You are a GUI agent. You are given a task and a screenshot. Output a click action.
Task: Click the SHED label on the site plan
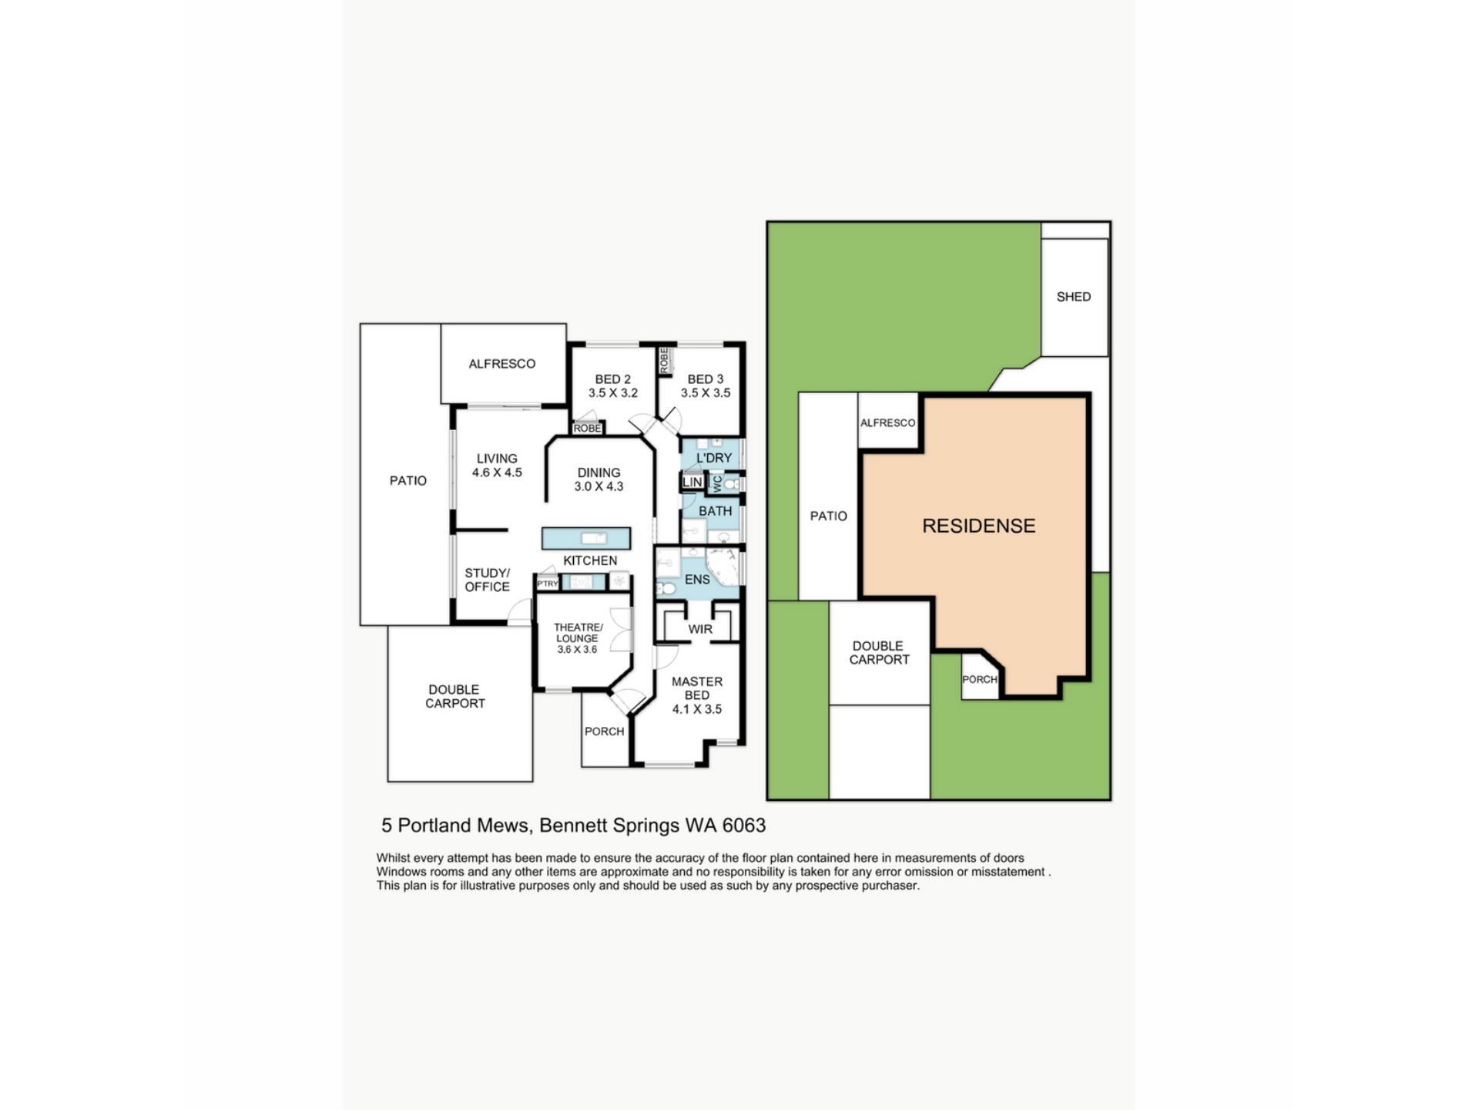[x=1073, y=297]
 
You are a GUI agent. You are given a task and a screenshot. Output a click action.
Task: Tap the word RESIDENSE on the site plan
[x=979, y=526]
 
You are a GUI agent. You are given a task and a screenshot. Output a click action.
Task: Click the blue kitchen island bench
[x=586, y=538]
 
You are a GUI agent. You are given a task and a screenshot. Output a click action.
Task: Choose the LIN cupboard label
[x=692, y=483]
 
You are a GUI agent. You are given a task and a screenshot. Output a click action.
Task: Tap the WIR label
[x=700, y=629]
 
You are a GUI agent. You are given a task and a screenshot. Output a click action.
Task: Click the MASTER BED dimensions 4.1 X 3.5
[x=697, y=709]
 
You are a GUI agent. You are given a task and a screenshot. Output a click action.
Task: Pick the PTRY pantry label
[x=547, y=584]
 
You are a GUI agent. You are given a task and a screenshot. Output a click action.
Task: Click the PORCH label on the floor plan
[x=605, y=732]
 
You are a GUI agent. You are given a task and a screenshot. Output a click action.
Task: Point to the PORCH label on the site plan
[x=980, y=680]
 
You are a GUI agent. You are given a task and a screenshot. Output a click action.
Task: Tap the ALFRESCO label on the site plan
[x=887, y=423]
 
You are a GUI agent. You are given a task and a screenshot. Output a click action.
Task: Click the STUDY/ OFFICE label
[x=487, y=580]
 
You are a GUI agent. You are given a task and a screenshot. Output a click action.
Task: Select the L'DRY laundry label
[x=714, y=458]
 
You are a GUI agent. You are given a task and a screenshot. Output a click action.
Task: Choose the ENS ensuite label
[x=697, y=580]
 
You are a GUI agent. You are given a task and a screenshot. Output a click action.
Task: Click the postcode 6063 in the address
[x=744, y=826]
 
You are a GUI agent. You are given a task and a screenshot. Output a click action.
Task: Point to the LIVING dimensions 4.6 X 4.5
[x=497, y=473]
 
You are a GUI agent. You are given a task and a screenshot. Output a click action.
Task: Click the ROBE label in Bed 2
[x=587, y=429]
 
